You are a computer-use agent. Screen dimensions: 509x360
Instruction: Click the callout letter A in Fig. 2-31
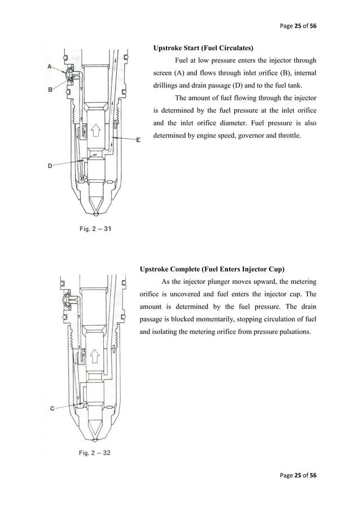[x=50, y=67]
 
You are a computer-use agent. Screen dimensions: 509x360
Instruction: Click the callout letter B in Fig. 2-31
[x=50, y=89]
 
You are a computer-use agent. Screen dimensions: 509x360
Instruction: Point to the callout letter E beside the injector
[x=139, y=140]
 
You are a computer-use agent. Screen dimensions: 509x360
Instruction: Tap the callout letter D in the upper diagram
[x=50, y=166]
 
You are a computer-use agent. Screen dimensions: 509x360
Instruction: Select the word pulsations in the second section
[x=291, y=332]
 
